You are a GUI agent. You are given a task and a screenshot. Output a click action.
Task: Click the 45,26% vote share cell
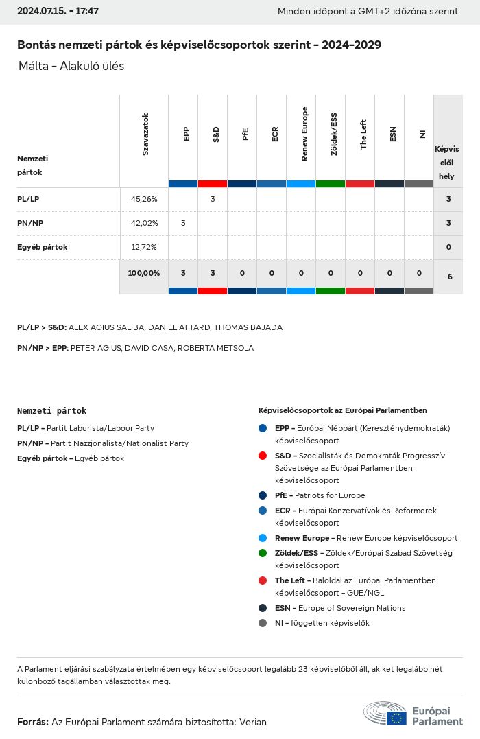(x=144, y=199)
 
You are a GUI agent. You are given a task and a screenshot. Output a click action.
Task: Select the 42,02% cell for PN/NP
(x=144, y=223)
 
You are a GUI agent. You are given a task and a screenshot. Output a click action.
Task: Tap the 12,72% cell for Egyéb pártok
(x=144, y=247)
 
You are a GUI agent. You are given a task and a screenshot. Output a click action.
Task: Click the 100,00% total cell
(x=144, y=273)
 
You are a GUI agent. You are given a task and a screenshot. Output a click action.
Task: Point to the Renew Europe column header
(x=304, y=134)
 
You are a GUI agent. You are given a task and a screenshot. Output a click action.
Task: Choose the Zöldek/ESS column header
(x=334, y=134)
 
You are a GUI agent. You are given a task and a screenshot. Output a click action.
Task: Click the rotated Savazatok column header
(x=145, y=134)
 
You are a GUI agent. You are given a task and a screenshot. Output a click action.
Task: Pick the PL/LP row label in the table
(x=28, y=199)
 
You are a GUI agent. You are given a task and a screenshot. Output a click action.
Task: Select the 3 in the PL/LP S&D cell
(x=213, y=199)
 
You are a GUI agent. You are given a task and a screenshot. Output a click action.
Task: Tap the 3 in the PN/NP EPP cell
(x=183, y=223)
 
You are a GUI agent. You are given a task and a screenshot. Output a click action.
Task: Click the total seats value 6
(x=449, y=277)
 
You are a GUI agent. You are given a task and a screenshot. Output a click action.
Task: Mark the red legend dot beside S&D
(x=263, y=456)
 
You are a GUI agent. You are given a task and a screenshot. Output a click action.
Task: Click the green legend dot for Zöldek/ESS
(x=263, y=553)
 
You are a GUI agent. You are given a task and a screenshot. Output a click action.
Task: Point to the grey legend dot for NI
(x=263, y=623)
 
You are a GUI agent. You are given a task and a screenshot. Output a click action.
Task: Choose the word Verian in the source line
(x=253, y=722)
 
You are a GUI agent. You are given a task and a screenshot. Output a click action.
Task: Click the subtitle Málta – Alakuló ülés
(x=71, y=67)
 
